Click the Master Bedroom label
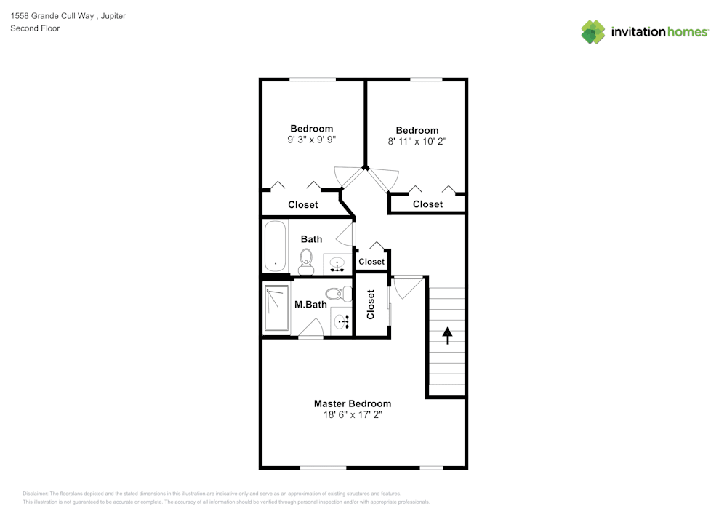pyautogui.click(x=352, y=403)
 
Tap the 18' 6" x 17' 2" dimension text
pyautogui.click(x=352, y=415)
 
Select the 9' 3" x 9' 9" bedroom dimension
pyautogui.click(x=311, y=140)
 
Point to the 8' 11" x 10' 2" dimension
pyautogui.click(x=417, y=142)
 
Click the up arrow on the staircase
pyautogui.click(x=447, y=335)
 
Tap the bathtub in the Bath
pyautogui.click(x=276, y=246)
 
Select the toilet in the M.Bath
pyautogui.click(x=335, y=294)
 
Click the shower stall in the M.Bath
pyautogui.click(x=276, y=308)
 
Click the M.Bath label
pyautogui.click(x=310, y=305)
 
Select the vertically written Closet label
pyautogui.click(x=371, y=305)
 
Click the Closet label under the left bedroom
pyautogui.click(x=302, y=205)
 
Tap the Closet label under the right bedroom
pyautogui.click(x=427, y=204)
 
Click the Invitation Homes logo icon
pyautogui.click(x=593, y=31)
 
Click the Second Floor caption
pyautogui.click(x=35, y=28)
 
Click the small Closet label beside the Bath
pyautogui.click(x=371, y=262)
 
